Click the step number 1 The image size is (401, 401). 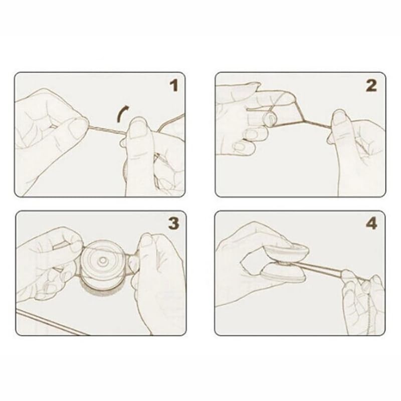(x=174, y=85)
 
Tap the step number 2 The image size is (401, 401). (x=371, y=85)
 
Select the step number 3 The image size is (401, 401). (x=174, y=224)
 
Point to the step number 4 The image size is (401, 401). (x=371, y=224)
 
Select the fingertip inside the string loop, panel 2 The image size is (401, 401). (x=271, y=118)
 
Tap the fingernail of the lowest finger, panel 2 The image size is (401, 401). (x=240, y=146)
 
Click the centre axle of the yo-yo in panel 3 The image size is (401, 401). (x=103, y=260)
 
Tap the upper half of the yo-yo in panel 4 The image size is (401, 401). (x=286, y=252)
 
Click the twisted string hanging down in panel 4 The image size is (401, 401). (x=369, y=309)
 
